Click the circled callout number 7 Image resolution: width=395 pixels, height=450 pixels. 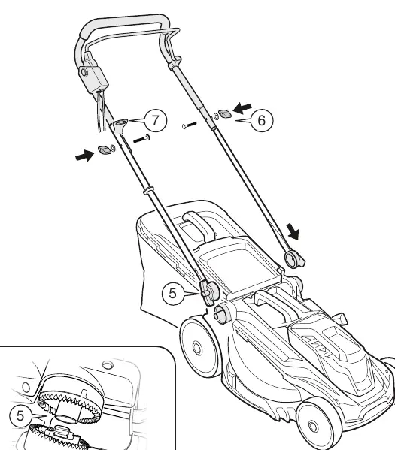[x=155, y=120]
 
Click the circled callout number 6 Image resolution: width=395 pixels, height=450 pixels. [x=262, y=120]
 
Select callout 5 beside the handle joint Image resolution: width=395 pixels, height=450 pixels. [x=172, y=293]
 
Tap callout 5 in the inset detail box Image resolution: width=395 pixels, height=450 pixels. [x=20, y=415]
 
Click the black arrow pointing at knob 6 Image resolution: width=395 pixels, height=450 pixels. [x=242, y=108]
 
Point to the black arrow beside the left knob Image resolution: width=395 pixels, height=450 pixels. [x=84, y=156]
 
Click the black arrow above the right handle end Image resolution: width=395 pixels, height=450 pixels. [x=293, y=232]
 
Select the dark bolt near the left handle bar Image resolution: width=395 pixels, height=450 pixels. [x=141, y=139]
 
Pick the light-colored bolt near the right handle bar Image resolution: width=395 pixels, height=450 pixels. [x=189, y=125]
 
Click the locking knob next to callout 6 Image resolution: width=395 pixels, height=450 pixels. [x=225, y=114]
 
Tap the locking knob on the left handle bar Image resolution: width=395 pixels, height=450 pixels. [x=104, y=149]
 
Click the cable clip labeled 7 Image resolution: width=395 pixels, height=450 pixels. [x=120, y=124]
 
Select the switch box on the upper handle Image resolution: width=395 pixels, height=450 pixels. [x=93, y=74]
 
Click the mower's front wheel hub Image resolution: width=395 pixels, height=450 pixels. [x=313, y=426]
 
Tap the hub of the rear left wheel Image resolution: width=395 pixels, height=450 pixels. [x=197, y=348]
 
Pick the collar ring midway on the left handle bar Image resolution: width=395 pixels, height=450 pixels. [x=148, y=190]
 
